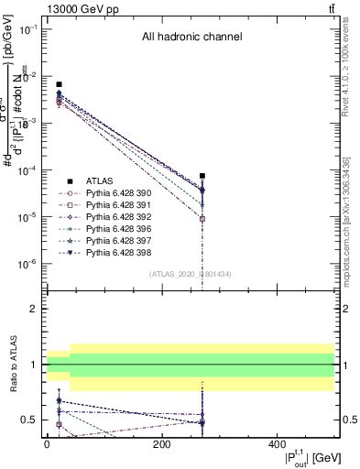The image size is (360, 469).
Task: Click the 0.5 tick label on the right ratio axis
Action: pos(350,420)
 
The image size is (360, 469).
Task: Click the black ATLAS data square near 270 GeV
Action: pos(202,175)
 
